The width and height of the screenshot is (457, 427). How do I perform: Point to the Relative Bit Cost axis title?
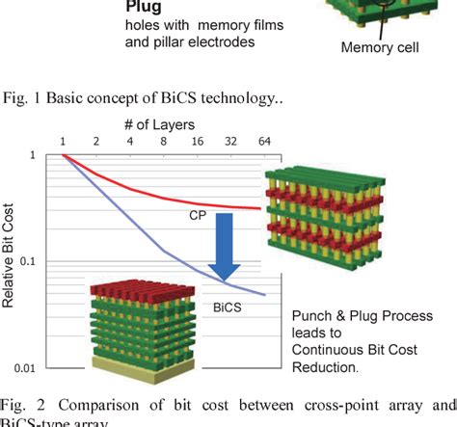[x=10, y=260]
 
